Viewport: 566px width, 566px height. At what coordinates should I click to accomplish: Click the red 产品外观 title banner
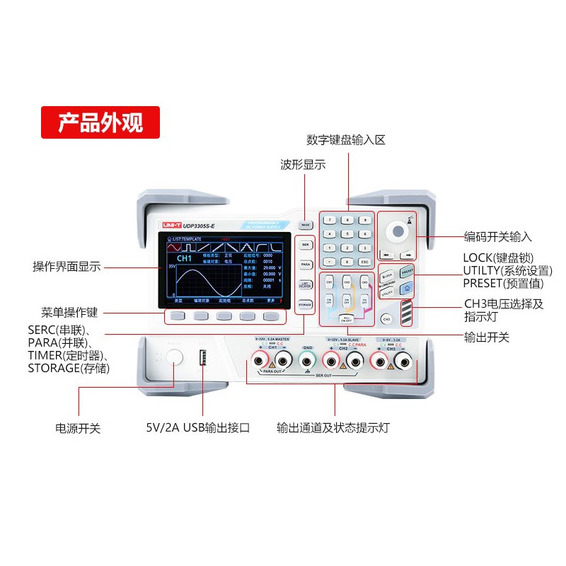(100, 122)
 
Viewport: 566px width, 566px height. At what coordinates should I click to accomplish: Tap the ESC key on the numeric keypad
(364, 262)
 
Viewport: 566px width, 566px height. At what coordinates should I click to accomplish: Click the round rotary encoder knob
(398, 231)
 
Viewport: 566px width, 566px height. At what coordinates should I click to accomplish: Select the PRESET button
(407, 272)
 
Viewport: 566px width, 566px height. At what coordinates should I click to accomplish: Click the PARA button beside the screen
(305, 264)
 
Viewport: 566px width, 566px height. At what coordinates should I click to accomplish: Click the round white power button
(175, 359)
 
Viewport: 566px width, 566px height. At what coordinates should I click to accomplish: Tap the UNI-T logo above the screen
(173, 224)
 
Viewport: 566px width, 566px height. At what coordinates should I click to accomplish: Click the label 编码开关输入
(497, 237)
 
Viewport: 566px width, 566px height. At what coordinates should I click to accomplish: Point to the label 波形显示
(303, 165)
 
